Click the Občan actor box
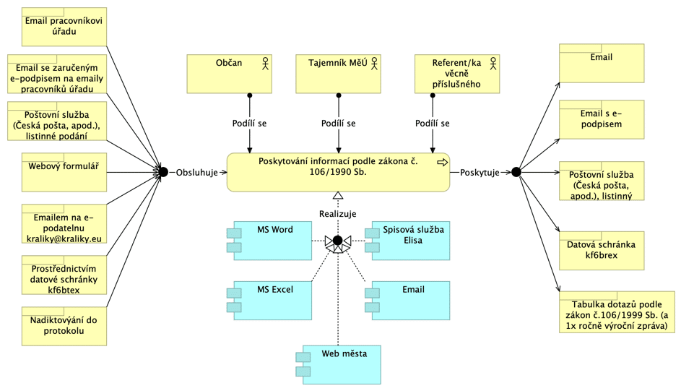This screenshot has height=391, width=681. click(230, 74)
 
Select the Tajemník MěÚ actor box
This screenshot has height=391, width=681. click(338, 74)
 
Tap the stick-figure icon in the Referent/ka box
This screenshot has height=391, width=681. click(493, 64)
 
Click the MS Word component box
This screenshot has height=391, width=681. click(269, 241)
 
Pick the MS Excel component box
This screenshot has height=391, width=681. click(269, 301)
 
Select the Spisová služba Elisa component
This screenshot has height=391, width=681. click(407, 241)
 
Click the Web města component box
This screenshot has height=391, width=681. click(338, 364)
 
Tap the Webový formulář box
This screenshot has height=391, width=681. click(64, 172)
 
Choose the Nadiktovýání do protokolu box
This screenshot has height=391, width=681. click(64, 326)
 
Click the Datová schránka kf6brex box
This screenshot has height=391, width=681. click(602, 251)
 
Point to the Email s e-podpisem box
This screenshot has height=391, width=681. click(602, 119)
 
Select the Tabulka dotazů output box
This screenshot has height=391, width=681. click(617, 312)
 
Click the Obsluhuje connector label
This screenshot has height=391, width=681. click(196, 173)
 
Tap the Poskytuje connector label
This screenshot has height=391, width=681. click(480, 173)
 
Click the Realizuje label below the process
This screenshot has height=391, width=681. click(337, 214)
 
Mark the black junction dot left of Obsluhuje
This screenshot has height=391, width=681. click(163, 172)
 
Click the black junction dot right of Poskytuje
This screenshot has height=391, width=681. click(516, 172)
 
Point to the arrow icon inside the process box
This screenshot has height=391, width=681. click(442, 163)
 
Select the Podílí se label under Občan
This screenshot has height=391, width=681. click(249, 124)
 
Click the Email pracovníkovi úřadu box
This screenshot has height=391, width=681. click(64, 27)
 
